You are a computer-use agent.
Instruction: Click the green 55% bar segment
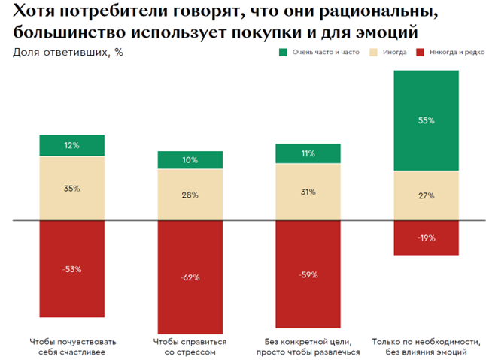426,120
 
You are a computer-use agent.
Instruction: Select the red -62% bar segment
190,277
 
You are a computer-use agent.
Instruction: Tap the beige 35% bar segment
72,189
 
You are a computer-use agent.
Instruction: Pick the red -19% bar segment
426,238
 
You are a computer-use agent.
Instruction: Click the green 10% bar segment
190,159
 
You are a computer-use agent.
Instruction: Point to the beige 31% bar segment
308,192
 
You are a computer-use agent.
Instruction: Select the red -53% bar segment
72,269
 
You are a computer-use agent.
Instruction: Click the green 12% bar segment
72,145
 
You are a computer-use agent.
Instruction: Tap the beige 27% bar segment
426,196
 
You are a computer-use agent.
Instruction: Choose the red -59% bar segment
308,274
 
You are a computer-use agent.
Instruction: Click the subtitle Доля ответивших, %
68,53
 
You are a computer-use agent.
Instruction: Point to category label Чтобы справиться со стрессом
190,346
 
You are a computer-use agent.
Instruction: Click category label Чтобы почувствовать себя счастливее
72,346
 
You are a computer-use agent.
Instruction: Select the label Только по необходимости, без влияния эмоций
426,346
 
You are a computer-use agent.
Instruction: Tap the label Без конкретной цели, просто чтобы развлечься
308,346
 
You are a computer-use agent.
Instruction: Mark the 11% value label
308,153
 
